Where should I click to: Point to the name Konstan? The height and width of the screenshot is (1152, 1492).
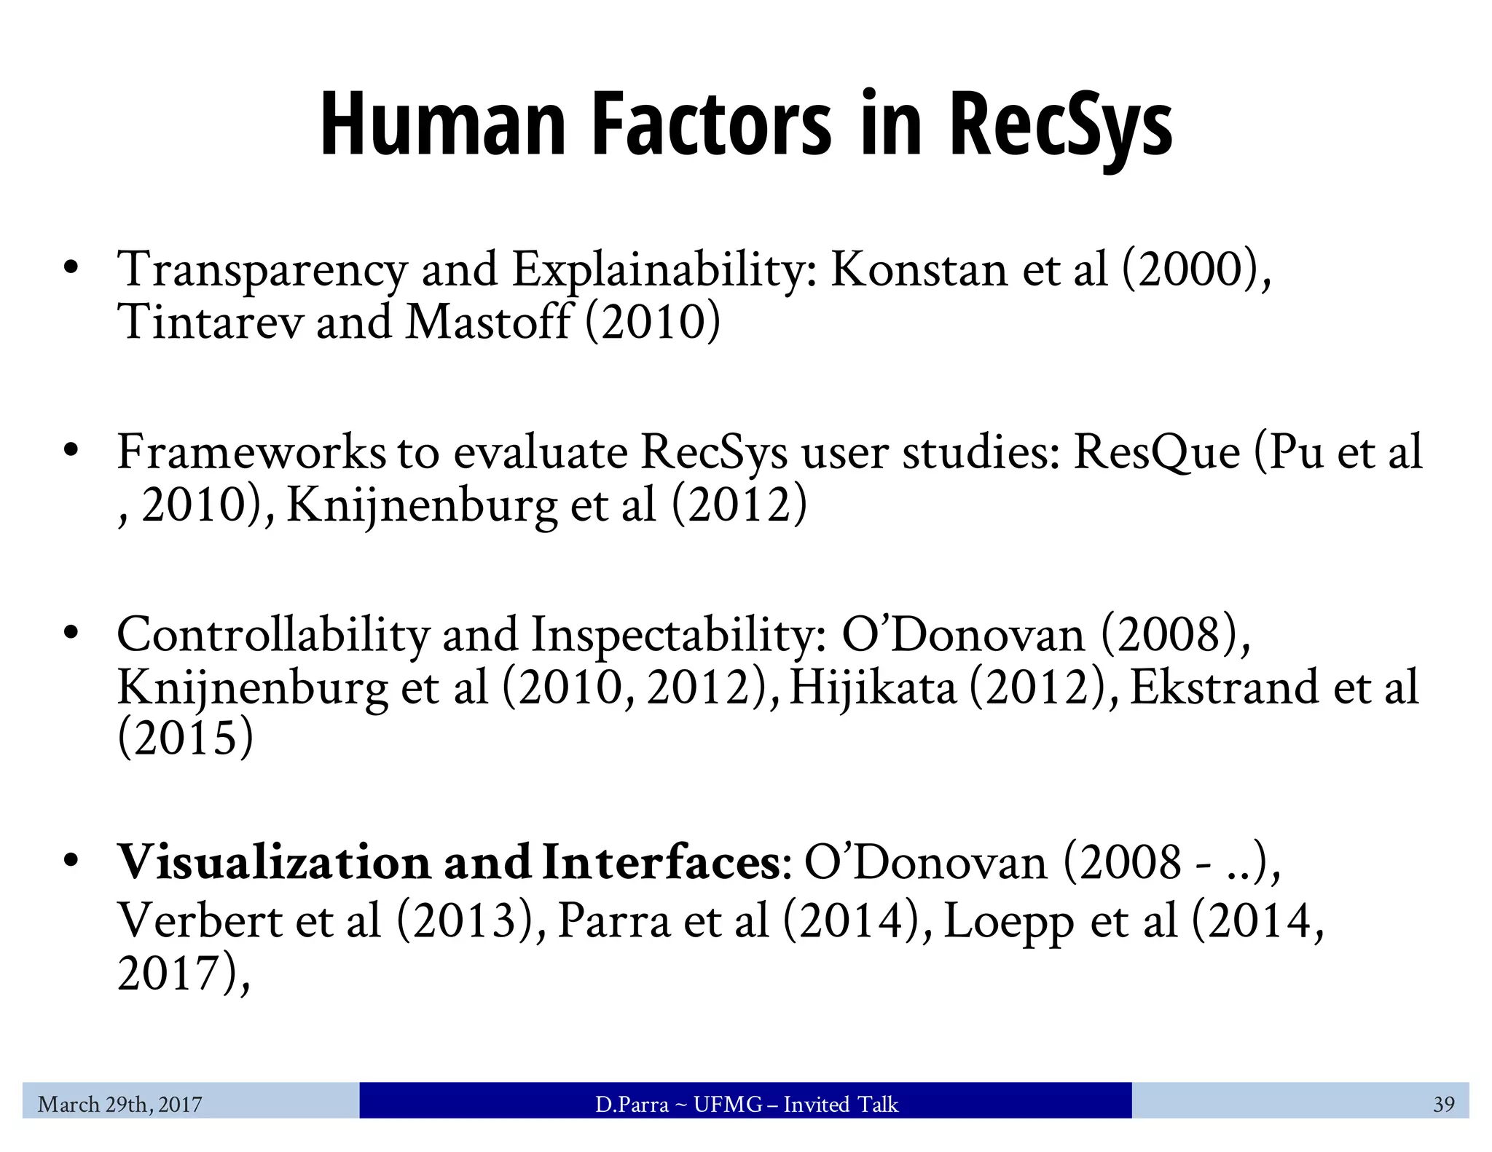[x=919, y=269]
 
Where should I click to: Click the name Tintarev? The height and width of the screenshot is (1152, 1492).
[x=210, y=322]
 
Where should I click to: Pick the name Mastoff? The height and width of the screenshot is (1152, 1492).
[x=487, y=322]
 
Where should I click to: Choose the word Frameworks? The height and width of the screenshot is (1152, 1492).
[x=251, y=451]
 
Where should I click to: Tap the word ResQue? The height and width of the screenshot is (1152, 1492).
[x=1157, y=451]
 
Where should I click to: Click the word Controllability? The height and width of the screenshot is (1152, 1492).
[x=273, y=635]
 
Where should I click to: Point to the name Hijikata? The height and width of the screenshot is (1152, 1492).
[x=872, y=687]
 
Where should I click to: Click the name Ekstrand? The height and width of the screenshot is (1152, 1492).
[x=1224, y=687]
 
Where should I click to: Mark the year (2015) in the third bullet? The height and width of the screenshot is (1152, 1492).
[x=186, y=738]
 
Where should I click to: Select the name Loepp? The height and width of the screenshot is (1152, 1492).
[x=1009, y=922]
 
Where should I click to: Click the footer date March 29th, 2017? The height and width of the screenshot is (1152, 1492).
[x=120, y=1105]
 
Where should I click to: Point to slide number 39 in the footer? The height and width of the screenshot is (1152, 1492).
[x=1443, y=1105]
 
